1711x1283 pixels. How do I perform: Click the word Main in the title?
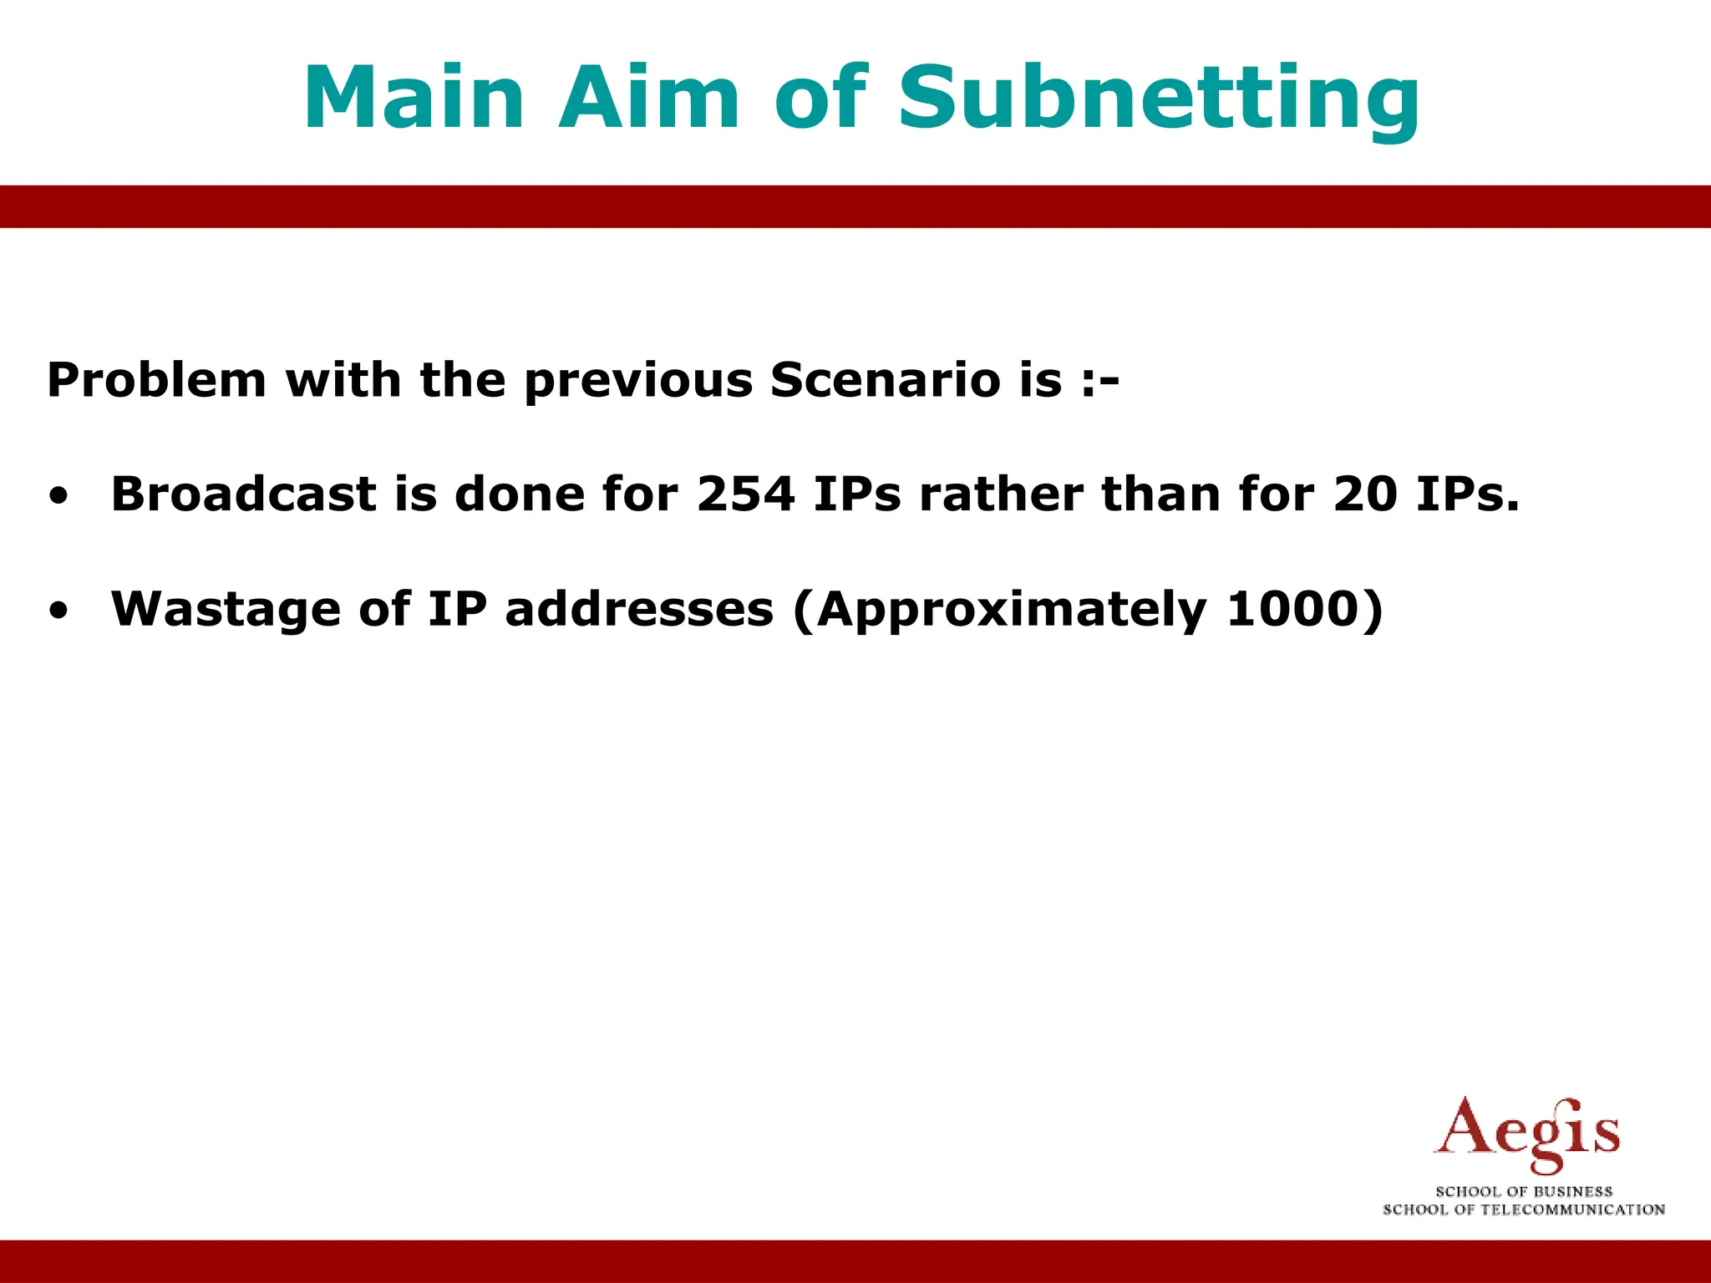(414, 99)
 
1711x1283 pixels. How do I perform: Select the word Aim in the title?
(649, 99)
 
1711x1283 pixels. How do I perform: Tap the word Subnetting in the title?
(1158, 99)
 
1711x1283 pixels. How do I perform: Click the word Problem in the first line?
(156, 380)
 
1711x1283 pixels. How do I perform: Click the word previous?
(639, 382)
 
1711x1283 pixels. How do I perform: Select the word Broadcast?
(243, 494)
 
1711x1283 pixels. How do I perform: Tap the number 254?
(745, 494)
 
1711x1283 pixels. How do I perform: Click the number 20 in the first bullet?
(1365, 494)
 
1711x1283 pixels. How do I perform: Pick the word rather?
(1001, 494)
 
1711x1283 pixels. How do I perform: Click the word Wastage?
(226, 610)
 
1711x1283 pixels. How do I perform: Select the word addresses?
(639, 609)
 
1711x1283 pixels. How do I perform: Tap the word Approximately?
(1012, 611)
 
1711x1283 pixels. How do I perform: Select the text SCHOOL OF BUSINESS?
(1524, 1192)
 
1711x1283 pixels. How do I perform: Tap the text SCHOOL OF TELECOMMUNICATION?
(1524, 1209)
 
